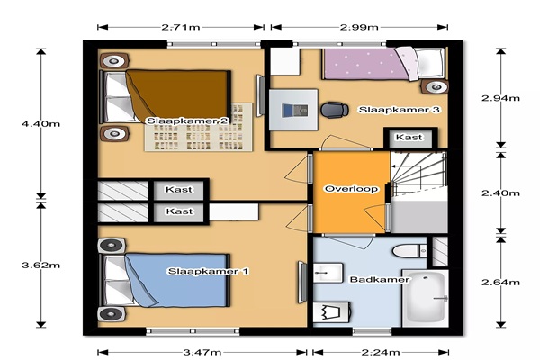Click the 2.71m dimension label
[x=181, y=27]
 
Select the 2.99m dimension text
[x=359, y=27]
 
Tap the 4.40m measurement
[x=41, y=123]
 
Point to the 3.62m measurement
[x=41, y=265]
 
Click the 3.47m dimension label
[x=202, y=352]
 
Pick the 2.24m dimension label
[x=381, y=352]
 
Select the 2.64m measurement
[x=500, y=282]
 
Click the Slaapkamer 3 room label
[x=400, y=110]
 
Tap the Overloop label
[x=351, y=189]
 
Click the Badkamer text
[x=380, y=279]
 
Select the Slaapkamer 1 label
[x=208, y=271]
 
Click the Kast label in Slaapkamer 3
[x=409, y=137]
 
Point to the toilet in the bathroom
[x=409, y=251]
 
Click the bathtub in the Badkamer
[x=426, y=298]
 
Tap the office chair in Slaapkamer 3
[x=335, y=110]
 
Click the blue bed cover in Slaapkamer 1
[x=176, y=280]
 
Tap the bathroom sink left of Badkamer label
[x=328, y=273]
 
